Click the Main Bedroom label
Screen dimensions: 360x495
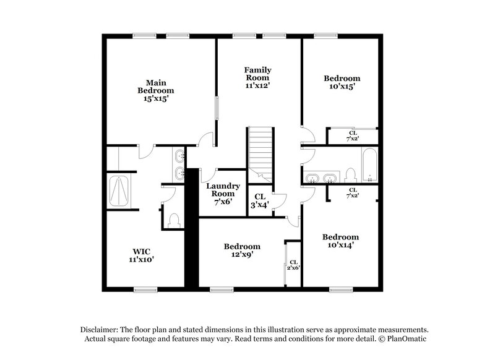(155, 87)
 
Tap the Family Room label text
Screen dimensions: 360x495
(257, 74)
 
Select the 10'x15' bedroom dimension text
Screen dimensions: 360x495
(342, 87)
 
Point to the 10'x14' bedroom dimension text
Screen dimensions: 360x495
(340, 245)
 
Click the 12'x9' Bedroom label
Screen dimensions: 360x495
(242, 250)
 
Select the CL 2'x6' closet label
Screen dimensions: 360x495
(293, 265)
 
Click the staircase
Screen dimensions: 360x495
(260, 150)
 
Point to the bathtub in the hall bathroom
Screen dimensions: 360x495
(369, 166)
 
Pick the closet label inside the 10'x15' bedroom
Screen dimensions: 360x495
(352, 136)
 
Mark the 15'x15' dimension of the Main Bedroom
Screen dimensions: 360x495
(155, 98)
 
